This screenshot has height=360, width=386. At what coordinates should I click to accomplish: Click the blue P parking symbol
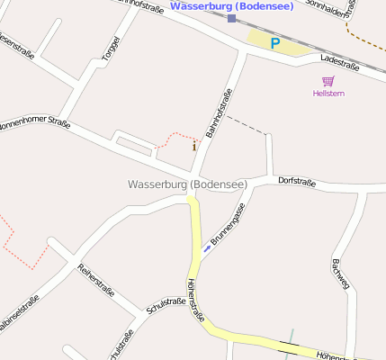[275, 42]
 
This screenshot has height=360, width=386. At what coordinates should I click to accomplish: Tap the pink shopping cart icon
[328, 81]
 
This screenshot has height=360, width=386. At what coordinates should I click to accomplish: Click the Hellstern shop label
[328, 94]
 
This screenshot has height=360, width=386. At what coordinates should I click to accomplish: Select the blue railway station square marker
[231, 18]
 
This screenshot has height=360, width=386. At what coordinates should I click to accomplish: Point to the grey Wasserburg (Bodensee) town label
[187, 184]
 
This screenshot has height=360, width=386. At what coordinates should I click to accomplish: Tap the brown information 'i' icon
[194, 145]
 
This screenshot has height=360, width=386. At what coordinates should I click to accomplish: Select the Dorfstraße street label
[297, 181]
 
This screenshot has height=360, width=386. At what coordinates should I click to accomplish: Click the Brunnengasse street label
[228, 225]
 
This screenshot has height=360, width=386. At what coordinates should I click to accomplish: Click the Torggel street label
[110, 49]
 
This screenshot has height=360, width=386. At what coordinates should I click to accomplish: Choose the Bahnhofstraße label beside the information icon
[219, 113]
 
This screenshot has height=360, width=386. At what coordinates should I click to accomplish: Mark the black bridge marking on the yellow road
[290, 345]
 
